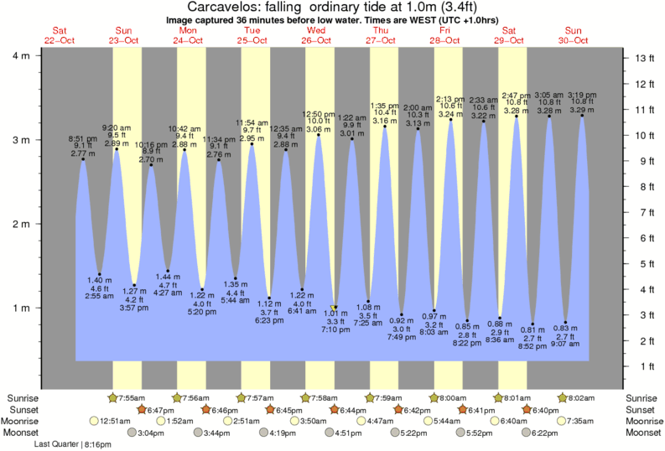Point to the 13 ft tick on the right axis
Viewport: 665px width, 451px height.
click(x=643, y=58)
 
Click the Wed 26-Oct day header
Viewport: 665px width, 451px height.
click(x=317, y=35)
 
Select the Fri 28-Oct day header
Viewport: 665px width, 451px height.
click(x=446, y=35)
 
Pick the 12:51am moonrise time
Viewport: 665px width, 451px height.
click(x=115, y=421)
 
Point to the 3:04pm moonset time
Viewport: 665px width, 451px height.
click(x=148, y=433)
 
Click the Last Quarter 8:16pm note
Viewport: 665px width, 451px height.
click(x=76, y=444)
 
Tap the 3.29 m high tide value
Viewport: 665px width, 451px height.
click(x=582, y=110)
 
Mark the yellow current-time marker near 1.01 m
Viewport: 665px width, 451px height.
click(x=335, y=308)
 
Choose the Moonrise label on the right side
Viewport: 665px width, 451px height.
click(x=643, y=421)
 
